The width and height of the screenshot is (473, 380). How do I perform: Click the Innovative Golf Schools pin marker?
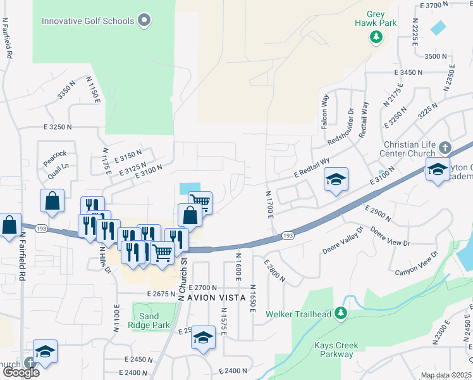tap(145, 21)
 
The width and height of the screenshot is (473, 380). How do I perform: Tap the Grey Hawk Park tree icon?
tap(376, 37)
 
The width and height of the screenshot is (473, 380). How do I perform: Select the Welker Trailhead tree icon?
tap(341, 313)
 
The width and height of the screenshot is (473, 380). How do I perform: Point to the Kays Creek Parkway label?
tap(336, 350)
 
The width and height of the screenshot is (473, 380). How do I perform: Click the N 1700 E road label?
tap(270, 206)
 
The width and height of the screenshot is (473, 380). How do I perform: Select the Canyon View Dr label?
tap(417, 263)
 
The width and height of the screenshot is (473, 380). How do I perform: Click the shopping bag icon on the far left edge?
tap(9, 225)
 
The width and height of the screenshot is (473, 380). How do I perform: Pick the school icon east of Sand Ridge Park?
tap(204, 337)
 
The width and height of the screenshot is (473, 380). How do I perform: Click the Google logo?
tap(20, 372)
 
